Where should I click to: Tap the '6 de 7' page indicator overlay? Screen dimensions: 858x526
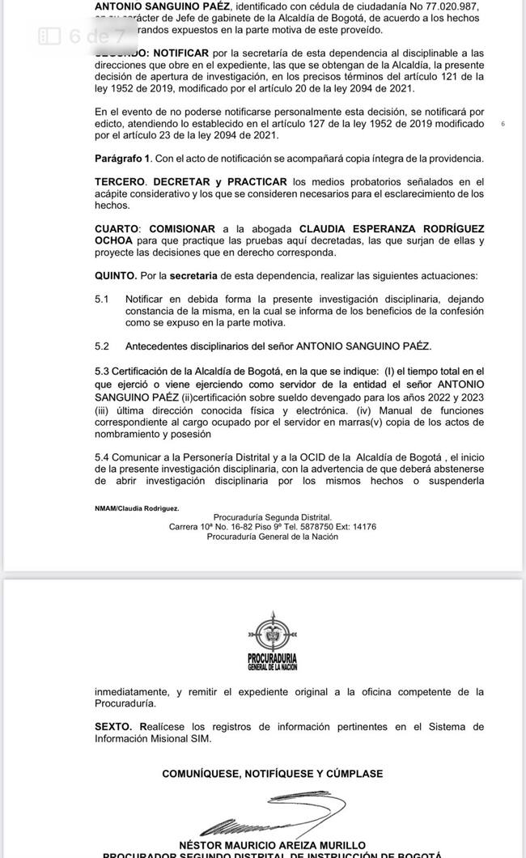coord(84,36)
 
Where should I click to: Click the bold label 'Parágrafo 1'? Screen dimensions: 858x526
coord(122,159)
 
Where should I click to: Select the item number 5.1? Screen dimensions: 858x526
coord(102,299)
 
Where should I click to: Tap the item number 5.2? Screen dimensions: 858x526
coord(102,346)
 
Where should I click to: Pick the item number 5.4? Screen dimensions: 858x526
coord(102,457)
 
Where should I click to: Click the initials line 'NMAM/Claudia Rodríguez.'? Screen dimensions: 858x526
coord(137,508)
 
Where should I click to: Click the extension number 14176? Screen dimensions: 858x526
coord(363,527)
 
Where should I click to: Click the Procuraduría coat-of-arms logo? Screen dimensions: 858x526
coord(272,640)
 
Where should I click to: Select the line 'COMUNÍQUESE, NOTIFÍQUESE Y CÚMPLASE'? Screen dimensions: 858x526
coord(273,774)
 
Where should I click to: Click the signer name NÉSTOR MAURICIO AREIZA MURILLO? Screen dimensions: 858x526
coord(273,845)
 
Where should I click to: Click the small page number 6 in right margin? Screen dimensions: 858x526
coord(503,124)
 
